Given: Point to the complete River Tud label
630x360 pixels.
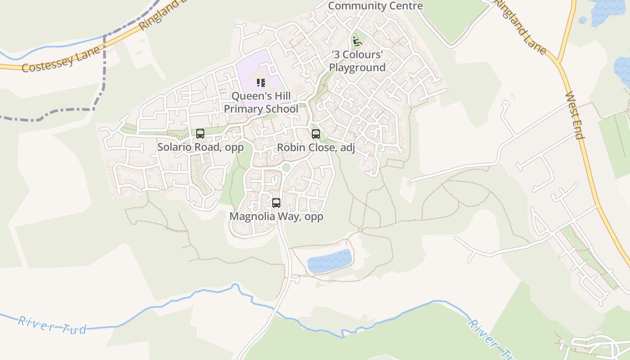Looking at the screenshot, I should pyautogui.click(x=52, y=325).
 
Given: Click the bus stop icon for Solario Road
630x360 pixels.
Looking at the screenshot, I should pyautogui.click(x=200, y=134).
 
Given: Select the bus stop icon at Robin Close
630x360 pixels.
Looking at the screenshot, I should pyautogui.click(x=316, y=134).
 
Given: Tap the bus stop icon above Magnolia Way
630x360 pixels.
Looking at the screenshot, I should pyautogui.click(x=276, y=203).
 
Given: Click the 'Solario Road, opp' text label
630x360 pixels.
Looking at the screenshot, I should pyautogui.click(x=200, y=147).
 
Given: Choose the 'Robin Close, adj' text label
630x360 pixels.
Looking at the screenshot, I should pyautogui.click(x=316, y=148).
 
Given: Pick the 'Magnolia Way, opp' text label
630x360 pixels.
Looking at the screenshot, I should pyautogui.click(x=276, y=216).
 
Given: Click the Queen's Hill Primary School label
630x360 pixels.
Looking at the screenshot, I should pyautogui.click(x=261, y=103).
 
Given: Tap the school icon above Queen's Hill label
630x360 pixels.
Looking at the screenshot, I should pyautogui.click(x=261, y=83).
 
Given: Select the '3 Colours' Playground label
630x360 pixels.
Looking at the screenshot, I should pyautogui.click(x=357, y=61).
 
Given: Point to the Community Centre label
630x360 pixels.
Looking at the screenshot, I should pyautogui.click(x=375, y=6).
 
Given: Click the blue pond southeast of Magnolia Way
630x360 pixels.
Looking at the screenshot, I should pyautogui.click(x=329, y=261).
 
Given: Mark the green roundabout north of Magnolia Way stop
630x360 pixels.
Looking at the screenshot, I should pyautogui.click(x=286, y=168).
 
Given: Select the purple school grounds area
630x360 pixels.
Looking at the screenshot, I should pyautogui.click(x=252, y=72).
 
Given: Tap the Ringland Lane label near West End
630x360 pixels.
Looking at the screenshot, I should pyautogui.click(x=521, y=27).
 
